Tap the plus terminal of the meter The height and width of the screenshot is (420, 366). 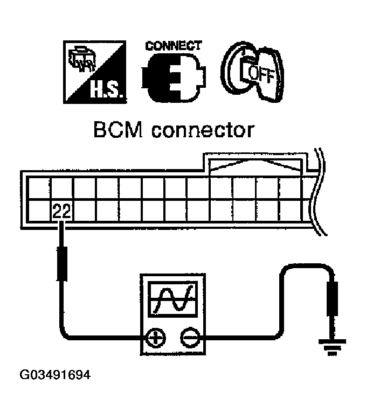coord(155,339)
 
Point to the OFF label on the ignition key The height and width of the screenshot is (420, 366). coord(264,75)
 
